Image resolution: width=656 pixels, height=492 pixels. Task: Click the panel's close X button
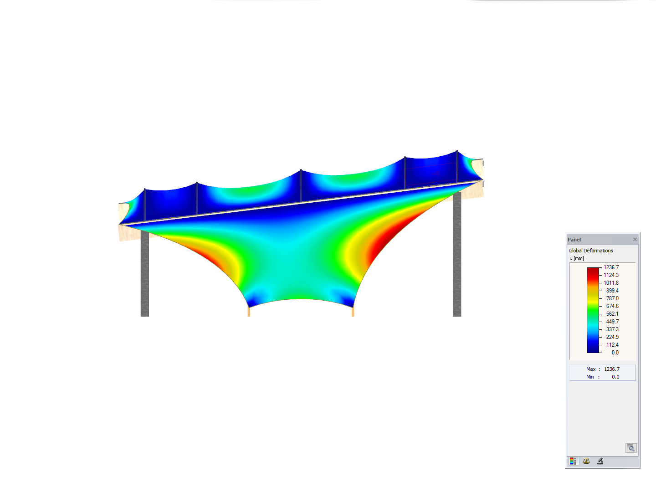[x=635, y=240]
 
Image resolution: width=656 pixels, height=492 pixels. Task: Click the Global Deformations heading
[x=591, y=251]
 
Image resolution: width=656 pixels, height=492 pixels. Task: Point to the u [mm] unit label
[x=576, y=258]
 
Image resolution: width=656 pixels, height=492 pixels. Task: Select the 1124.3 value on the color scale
[x=611, y=275]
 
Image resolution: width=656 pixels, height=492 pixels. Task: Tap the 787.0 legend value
[x=612, y=298]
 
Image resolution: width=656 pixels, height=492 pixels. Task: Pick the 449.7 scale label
[x=612, y=322]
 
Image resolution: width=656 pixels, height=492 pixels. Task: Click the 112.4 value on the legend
[x=612, y=345]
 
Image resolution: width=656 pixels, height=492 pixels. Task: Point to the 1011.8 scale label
[x=611, y=283]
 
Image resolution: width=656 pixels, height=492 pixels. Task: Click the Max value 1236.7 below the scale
[x=612, y=369]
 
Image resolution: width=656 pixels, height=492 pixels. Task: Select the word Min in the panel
[x=590, y=377]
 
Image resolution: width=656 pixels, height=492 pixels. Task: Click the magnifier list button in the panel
[x=631, y=448]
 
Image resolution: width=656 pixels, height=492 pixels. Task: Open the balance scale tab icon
[x=586, y=461]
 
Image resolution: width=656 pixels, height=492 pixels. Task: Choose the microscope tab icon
[x=600, y=461]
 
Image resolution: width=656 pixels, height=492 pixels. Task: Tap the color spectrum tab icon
[x=573, y=461]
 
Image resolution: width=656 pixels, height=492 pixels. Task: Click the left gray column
[x=145, y=278]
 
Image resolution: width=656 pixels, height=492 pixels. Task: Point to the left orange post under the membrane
[x=249, y=312]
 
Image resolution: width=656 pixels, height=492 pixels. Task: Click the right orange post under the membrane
[x=353, y=312]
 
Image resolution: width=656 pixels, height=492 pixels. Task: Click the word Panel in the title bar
[x=574, y=240]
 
